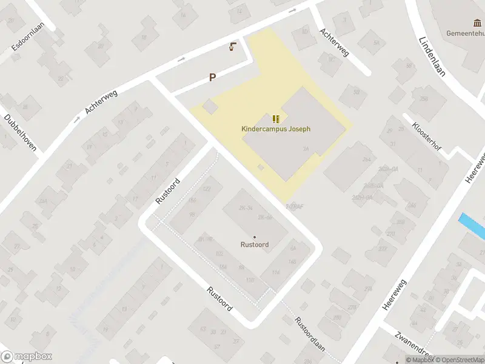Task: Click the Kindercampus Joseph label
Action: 276,129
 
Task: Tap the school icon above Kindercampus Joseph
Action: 276,118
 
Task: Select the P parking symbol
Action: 212,77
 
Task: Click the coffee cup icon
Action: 232,47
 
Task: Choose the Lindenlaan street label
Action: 432,55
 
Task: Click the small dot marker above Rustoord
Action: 254,237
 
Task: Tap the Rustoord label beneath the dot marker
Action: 254,244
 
